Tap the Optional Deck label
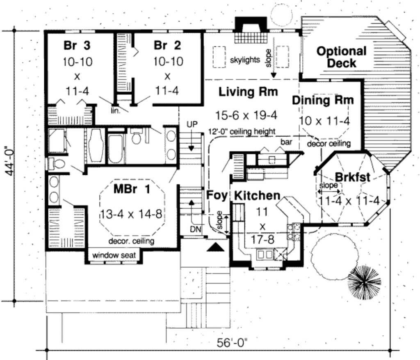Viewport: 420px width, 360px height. (342, 57)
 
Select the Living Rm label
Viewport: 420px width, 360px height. (248, 92)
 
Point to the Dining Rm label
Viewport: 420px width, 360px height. (322, 100)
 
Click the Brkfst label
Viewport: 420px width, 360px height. (352, 177)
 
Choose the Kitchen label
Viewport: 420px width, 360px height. (257, 196)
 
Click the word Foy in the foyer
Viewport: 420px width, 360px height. (217, 195)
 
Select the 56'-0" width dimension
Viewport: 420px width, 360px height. (232, 343)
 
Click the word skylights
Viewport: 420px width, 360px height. (245, 60)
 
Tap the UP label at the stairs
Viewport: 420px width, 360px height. (192, 124)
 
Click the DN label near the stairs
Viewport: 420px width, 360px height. (196, 229)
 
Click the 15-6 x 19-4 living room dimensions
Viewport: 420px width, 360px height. (246, 115)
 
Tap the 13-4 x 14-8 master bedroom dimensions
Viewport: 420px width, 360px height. (131, 214)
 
